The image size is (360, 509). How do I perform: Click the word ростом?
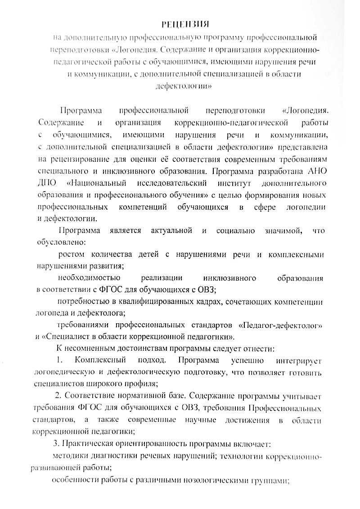click(71, 255)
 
